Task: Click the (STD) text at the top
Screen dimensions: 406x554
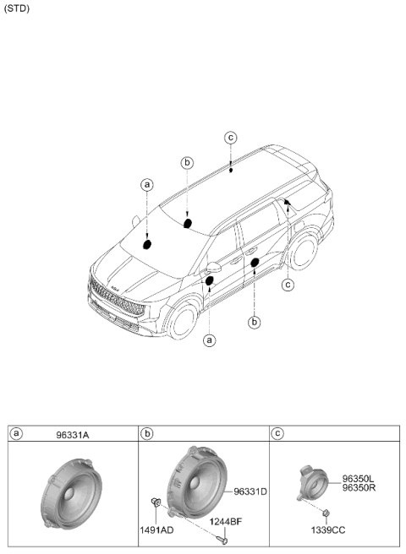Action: pyautogui.click(x=17, y=8)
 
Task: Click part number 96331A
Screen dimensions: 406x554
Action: pyautogui.click(x=73, y=435)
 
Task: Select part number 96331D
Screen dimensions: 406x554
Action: pyautogui.click(x=250, y=492)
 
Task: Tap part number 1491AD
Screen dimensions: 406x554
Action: pyautogui.click(x=156, y=530)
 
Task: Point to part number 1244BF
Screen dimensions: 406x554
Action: pyautogui.click(x=226, y=522)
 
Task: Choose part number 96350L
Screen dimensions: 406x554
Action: pyautogui.click(x=358, y=479)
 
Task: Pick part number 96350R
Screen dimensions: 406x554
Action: pyautogui.click(x=359, y=487)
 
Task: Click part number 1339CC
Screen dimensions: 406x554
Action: pyautogui.click(x=328, y=530)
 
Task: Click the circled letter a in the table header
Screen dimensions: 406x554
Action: pyautogui.click(x=16, y=433)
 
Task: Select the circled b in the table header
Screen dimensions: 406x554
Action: pyautogui.click(x=147, y=433)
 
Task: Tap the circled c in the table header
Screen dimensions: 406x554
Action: pyautogui.click(x=278, y=433)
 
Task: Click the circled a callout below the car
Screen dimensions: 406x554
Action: pyautogui.click(x=210, y=340)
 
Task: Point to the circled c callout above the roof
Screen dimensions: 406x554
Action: pyautogui.click(x=231, y=138)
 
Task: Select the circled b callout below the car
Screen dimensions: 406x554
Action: pyautogui.click(x=254, y=323)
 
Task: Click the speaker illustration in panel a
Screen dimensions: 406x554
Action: pyautogui.click(x=72, y=492)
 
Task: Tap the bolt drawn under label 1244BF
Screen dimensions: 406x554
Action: pyautogui.click(x=222, y=539)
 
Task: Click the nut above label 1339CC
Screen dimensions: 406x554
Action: pyautogui.click(x=326, y=512)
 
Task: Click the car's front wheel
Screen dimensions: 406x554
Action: pyautogui.click(x=183, y=320)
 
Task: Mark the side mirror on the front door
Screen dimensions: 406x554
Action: pyautogui.click(x=213, y=267)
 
